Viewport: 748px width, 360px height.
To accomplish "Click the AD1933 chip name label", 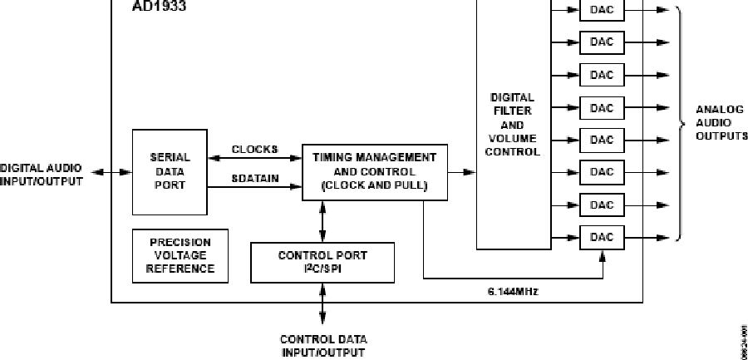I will coord(158,6).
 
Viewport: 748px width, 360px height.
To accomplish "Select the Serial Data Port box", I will coord(170,171).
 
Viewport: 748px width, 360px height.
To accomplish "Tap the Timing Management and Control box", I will coord(373,172).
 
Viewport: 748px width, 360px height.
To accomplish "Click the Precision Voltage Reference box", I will coord(180,255).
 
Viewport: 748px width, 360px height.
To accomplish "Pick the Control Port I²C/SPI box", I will coord(322,262).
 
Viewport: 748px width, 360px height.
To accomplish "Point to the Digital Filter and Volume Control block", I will coord(513,125).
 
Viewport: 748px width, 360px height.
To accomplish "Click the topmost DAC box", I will coord(602,11).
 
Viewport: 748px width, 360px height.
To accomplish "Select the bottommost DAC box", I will coord(602,237).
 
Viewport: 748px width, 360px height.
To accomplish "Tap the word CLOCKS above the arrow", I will coord(254,150).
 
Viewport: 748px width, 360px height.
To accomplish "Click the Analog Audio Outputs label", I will coord(721,122).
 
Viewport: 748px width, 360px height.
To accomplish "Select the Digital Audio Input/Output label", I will coord(42,173).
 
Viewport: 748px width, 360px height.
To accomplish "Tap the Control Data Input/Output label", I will coord(323,345).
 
